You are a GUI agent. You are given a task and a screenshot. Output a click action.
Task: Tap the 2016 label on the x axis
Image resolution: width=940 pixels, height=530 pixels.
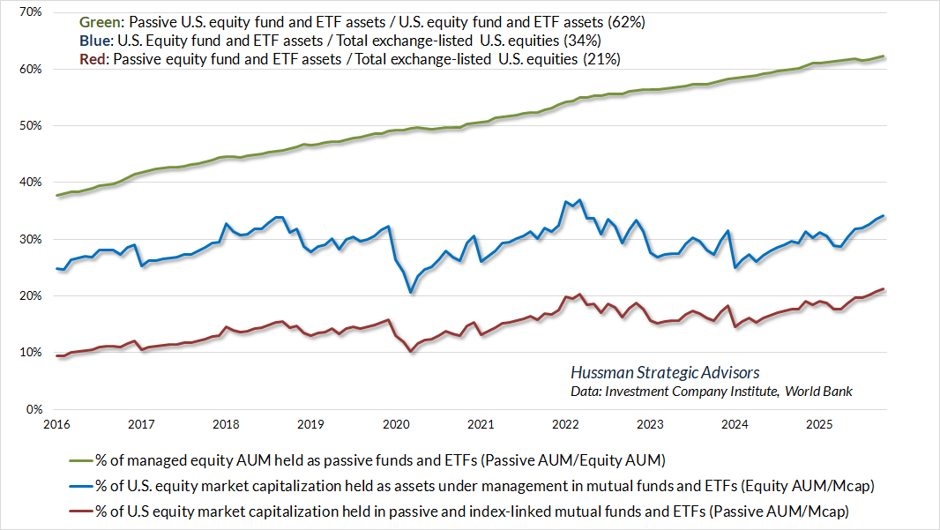point(56,424)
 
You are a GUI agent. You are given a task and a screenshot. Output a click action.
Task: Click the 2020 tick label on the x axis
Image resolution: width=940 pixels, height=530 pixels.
point(394,424)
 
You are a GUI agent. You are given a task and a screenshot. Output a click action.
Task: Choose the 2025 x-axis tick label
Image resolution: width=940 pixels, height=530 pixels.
point(818,424)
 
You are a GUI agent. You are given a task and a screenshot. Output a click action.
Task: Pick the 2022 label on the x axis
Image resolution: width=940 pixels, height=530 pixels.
point(564,424)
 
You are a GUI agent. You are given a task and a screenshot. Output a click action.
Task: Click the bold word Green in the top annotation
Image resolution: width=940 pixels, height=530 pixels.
point(99,21)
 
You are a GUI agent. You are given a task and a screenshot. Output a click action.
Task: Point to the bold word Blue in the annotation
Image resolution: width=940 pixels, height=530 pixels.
point(95,40)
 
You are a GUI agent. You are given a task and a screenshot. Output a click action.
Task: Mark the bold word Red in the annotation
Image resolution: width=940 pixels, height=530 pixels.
point(93,59)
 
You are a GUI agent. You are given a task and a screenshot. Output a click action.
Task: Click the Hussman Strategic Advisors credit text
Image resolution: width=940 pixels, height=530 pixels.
point(665,373)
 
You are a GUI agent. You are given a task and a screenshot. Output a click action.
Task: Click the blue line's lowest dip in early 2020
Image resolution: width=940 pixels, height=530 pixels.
point(410,292)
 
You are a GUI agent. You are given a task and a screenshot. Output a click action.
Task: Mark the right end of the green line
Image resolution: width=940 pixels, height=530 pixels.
point(884,56)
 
